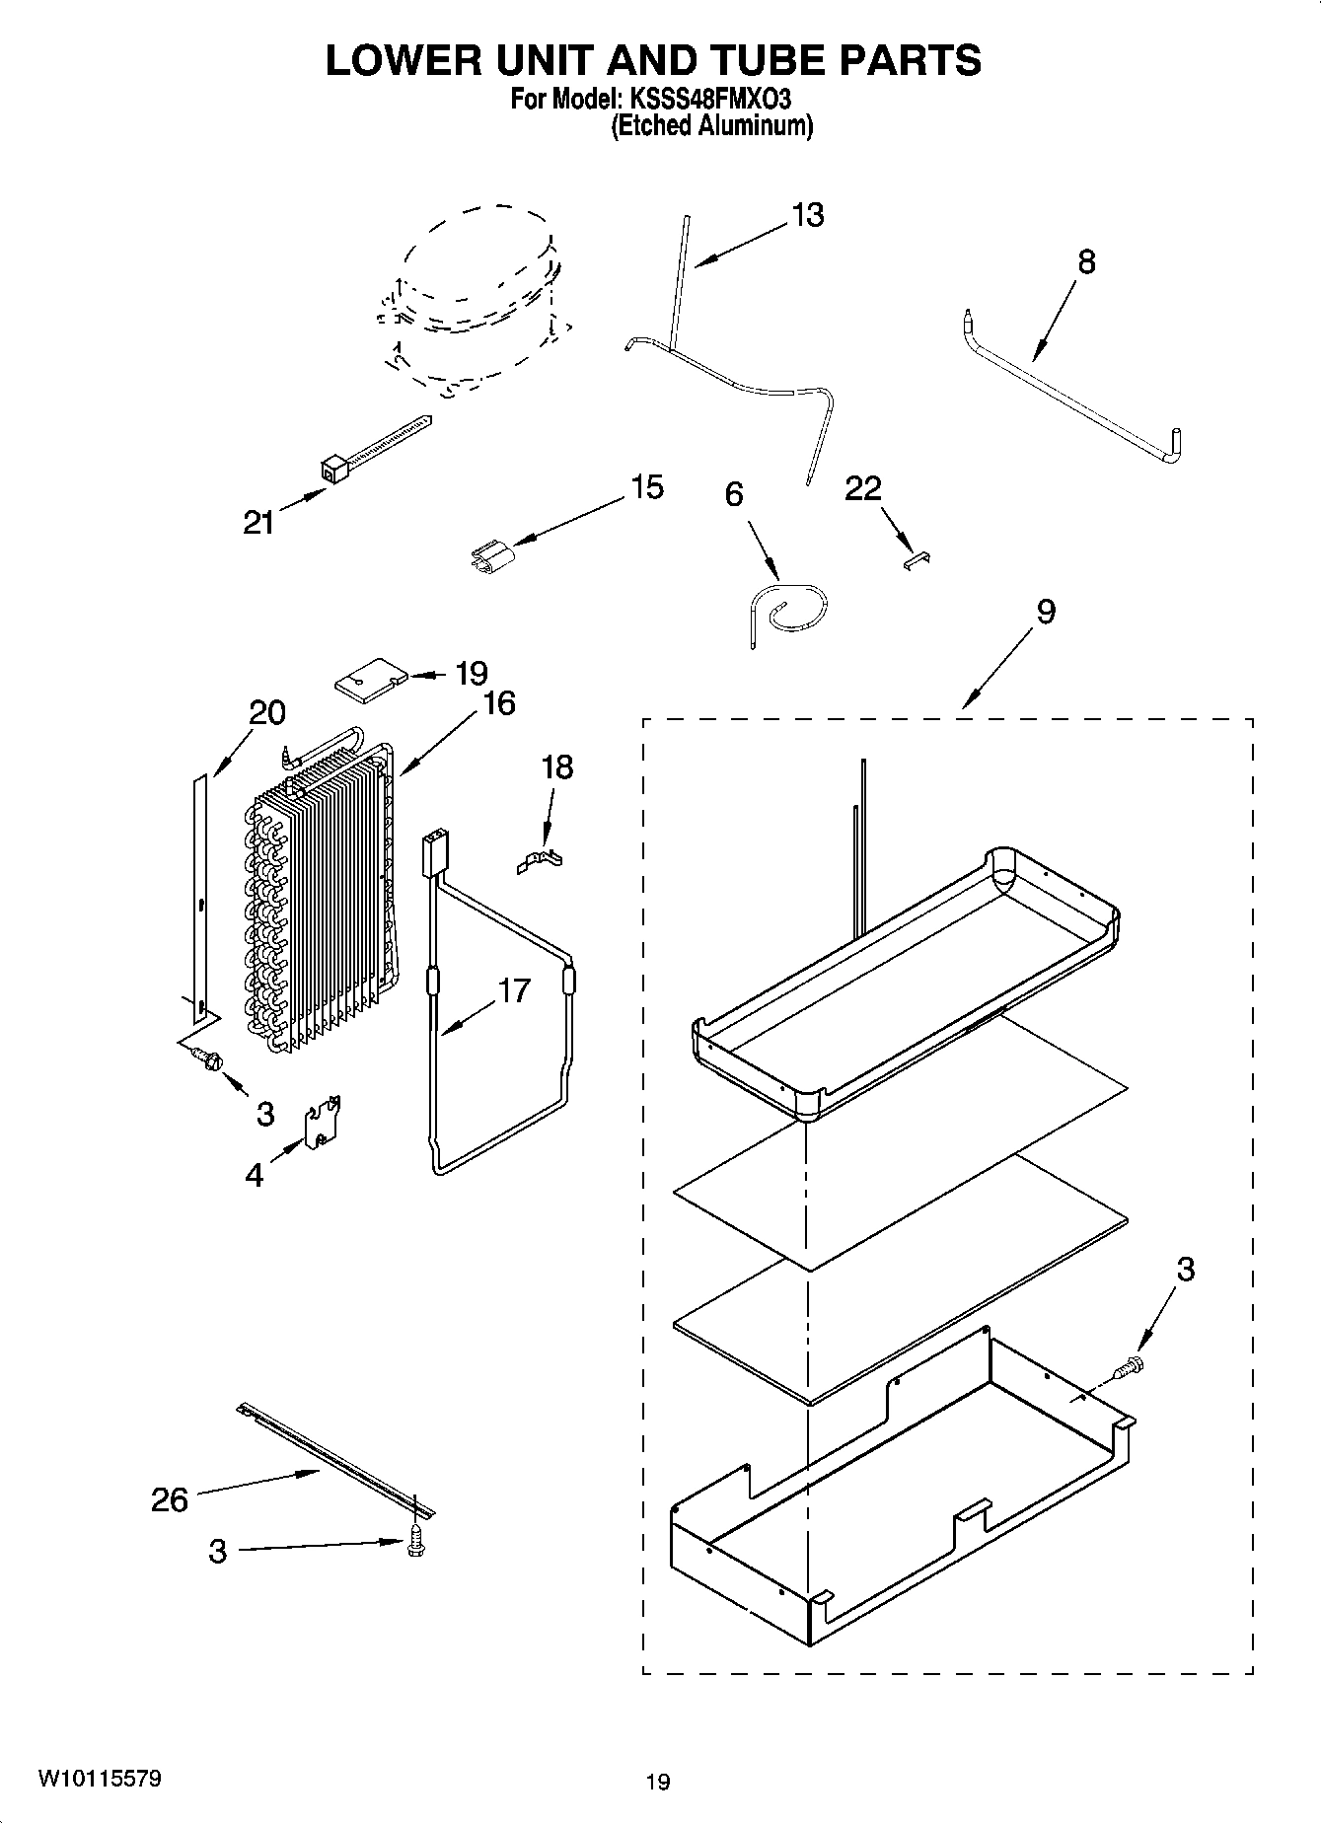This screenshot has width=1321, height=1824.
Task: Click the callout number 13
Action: coord(807,215)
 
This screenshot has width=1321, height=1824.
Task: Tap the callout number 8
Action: coord(1086,261)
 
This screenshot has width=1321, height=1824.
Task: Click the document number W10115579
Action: coord(100,1778)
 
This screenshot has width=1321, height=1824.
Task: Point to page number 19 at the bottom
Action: coord(658,1781)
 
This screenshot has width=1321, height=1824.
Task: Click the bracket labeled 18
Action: coord(542,860)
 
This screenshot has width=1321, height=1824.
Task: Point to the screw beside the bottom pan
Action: coord(1130,1368)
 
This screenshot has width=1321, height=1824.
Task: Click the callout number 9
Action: coord(1045,612)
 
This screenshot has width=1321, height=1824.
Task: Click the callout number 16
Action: coord(500,702)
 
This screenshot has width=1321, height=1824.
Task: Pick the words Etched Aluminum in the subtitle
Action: coord(711,126)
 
